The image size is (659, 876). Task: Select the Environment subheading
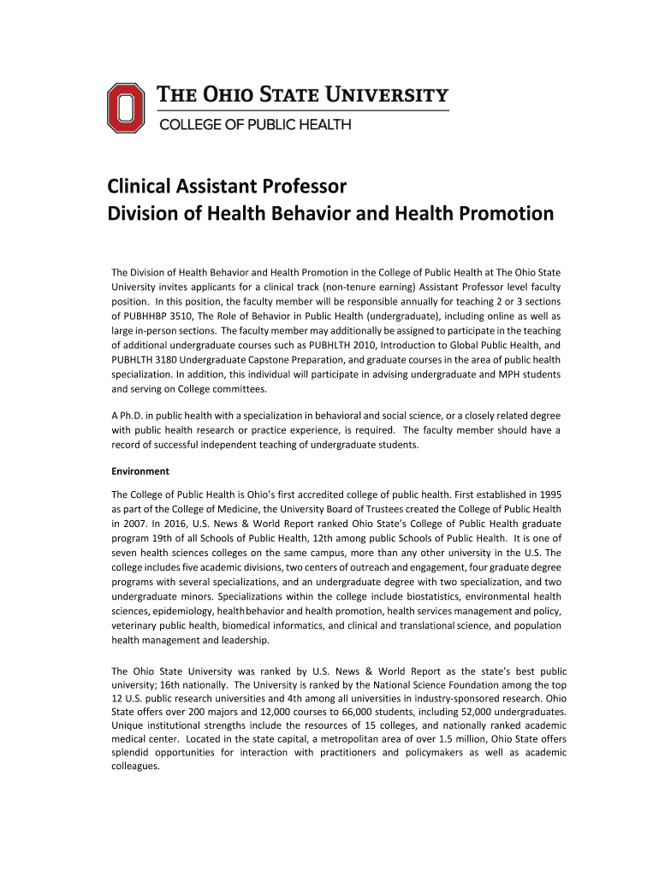click(140, 471)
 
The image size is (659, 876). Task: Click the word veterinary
click(136, 625)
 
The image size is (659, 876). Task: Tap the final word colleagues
click(135, 766)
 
